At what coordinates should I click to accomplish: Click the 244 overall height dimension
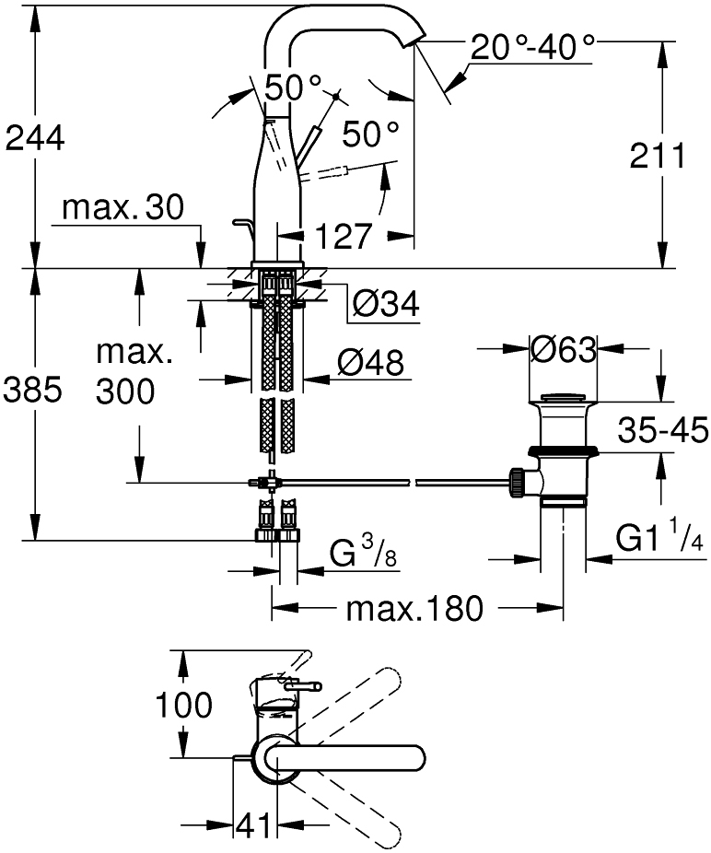click(35, 138)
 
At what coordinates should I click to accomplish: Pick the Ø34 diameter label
click(384, 303)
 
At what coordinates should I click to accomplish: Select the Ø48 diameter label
click(369, 364)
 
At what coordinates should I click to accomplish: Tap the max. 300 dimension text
click(126, 373)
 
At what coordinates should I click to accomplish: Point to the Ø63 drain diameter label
click(564, 350)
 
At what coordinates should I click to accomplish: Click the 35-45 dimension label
click(663, 429)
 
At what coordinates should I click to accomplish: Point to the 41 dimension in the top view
click(251, 826)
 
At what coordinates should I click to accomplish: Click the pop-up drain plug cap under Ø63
click(564, 398)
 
